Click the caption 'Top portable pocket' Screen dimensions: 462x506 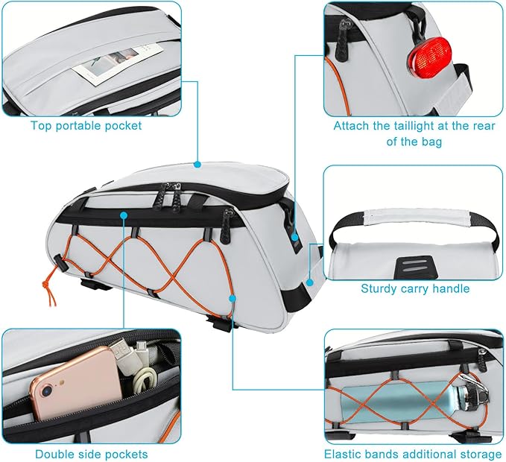tap(86, 125)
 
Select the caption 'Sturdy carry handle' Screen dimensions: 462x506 tap(414, 288)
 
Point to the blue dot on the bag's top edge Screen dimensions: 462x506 tap(198, 164)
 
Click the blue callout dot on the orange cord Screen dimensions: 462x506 tap(233, 298)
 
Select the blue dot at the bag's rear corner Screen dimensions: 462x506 tap(309, 283)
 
